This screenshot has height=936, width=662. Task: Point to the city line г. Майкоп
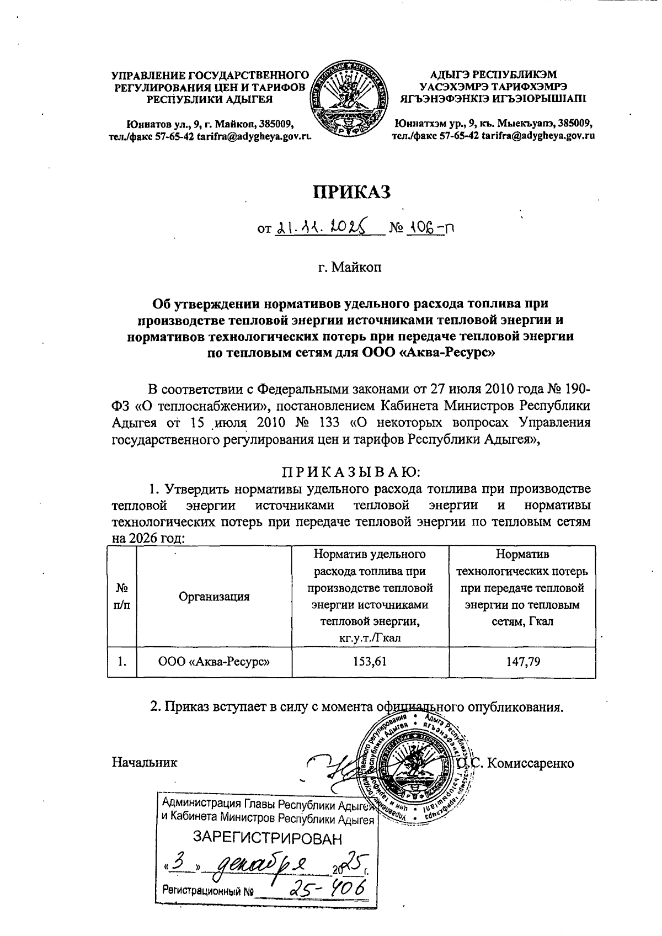coord(349,269)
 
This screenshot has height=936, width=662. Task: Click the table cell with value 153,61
coord(370,661)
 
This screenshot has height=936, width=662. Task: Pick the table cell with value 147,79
coord(522,661)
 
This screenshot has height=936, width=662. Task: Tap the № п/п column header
coord(121,597)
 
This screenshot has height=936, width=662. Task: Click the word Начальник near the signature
coord(145,763)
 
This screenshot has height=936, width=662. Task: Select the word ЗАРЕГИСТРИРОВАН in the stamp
coord(267,839)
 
